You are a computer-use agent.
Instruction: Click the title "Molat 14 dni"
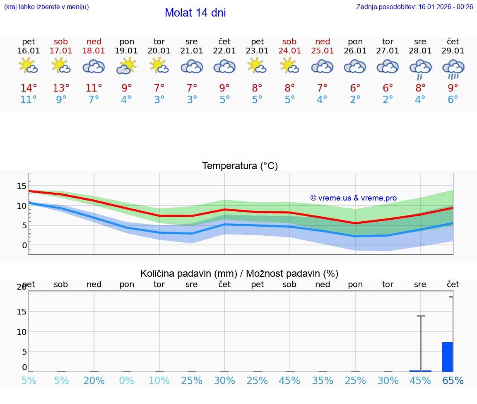pos(195,13)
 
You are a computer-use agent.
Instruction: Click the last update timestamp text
pos(414,7)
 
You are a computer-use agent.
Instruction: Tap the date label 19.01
pos(126,51)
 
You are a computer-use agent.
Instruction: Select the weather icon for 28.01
pos(420,68)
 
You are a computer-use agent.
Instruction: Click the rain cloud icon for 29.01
pos(453,68)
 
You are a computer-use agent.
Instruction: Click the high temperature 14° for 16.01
pos(29,88)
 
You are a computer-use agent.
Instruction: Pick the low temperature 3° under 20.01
pos(159,100)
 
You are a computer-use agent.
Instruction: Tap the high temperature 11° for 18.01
pos(94,88)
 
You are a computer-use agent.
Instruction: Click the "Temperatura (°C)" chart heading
pos(240,166)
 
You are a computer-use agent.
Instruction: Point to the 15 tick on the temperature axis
pos(22,186)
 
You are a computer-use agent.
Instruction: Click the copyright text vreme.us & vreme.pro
pos(353,198)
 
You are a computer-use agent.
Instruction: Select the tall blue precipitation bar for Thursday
pos(447,357)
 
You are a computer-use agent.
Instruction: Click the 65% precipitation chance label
pos(453,381)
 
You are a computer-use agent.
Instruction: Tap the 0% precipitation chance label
pos(126,381)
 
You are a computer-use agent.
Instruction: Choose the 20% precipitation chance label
pos(94,381)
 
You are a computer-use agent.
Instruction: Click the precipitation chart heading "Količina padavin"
pos(239,273)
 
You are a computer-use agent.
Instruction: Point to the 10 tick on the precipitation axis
pos(22,332)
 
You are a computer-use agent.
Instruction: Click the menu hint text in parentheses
pos(46,7)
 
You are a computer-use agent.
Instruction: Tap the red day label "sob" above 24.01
pos(289,42)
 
